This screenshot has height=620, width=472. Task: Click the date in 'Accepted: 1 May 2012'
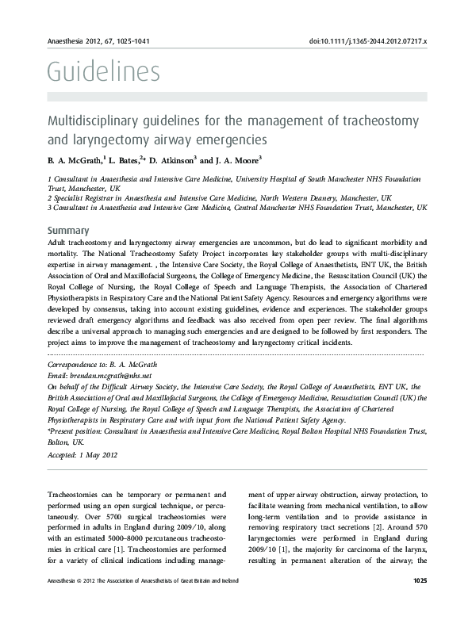coord(98,455)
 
